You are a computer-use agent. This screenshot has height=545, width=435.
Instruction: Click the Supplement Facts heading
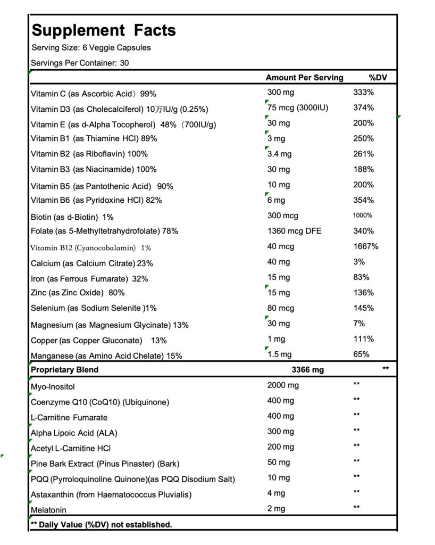(104, 30)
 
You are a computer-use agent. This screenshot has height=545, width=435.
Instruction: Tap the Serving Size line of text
(91, 47)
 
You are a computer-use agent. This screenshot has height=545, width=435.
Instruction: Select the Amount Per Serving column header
(304, 78)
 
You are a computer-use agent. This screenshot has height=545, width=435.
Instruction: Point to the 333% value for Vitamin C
(364, 93)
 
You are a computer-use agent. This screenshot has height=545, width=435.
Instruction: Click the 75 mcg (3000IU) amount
(298, 108)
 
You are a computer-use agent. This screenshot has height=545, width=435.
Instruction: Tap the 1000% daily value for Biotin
(363, 216)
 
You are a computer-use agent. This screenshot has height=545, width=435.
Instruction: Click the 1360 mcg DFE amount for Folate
(294, 231)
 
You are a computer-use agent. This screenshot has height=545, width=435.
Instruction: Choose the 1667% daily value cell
(366, 246)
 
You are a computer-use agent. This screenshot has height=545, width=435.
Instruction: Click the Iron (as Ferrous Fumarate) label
(89, 278)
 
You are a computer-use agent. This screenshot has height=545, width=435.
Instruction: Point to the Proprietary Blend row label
(65, 370)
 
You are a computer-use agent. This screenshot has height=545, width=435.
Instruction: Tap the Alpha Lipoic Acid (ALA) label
(74, 433)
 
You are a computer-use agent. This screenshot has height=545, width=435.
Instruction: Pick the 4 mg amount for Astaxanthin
(276, 493)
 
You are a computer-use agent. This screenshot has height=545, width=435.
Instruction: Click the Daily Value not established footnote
(102, 525)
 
